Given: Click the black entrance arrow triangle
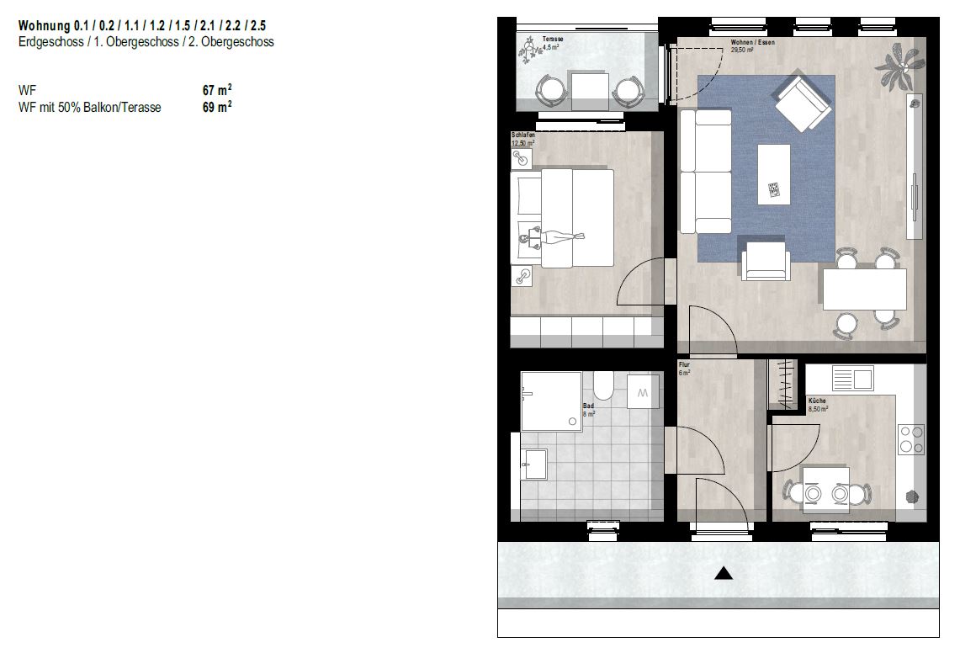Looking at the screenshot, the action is tap(724, 573).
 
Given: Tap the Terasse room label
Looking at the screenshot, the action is tap(552, 40).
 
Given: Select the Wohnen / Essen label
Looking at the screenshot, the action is tap(752, 43).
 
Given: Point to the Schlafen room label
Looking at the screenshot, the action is tap(522, 135).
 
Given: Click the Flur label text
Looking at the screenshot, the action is tap(684, 364).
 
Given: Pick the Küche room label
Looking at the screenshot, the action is tap(817, 401).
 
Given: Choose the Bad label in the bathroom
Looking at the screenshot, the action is tap(588, 406).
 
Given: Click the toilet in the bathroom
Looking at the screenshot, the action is tap(603, 384).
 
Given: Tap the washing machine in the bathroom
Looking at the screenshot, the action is tap(643, 392).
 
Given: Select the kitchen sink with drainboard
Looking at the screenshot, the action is tap(852, 378).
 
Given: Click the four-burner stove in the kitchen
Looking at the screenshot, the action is tap(911, 440).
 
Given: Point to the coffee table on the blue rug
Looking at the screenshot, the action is tap(774, 174).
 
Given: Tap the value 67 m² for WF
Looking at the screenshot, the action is tap(217, 90).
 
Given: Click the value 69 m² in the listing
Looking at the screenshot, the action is tap(217, 107).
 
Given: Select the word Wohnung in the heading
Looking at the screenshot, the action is tap(44, 26).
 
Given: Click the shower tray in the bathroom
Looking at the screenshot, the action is tap(551, 401).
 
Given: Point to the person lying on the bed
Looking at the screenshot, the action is tap(551, 237).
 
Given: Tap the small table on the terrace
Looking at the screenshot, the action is tap(590, 91).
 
